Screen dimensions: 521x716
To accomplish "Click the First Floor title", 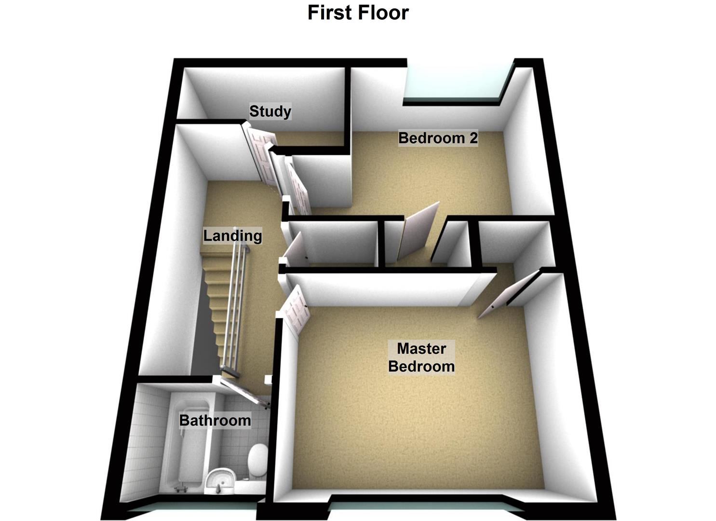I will (358, 13).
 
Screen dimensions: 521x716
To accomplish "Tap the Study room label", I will (270, 111).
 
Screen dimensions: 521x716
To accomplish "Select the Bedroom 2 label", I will (438, 138).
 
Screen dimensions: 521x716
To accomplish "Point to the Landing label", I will (232, 236).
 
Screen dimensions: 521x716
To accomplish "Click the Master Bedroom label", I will (421, 357).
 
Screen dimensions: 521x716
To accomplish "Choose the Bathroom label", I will (215, 421).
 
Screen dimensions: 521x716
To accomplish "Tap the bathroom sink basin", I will (220, 480).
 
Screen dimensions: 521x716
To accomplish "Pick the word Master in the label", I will (421, 348).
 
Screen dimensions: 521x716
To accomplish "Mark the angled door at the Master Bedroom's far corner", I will (509, 294).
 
